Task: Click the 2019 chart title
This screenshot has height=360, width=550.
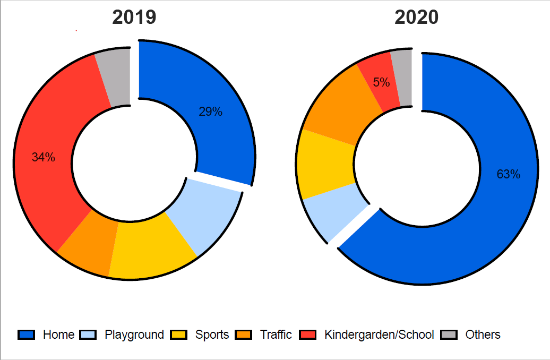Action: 134,18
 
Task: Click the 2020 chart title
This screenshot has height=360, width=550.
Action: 416,18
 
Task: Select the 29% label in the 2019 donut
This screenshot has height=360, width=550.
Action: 210,112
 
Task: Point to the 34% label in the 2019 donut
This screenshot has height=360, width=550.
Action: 43,157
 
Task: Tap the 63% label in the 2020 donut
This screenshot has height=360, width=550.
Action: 508,174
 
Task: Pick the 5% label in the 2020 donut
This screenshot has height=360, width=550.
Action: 381,82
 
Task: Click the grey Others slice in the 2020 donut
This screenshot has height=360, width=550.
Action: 402,76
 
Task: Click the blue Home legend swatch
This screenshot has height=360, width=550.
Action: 26,335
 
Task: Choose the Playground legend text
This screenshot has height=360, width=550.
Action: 134,335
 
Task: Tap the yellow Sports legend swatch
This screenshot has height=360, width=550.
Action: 178,335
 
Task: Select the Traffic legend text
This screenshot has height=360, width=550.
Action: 276,335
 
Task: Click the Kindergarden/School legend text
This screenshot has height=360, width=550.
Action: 379,335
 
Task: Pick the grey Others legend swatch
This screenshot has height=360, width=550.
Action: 449,335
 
